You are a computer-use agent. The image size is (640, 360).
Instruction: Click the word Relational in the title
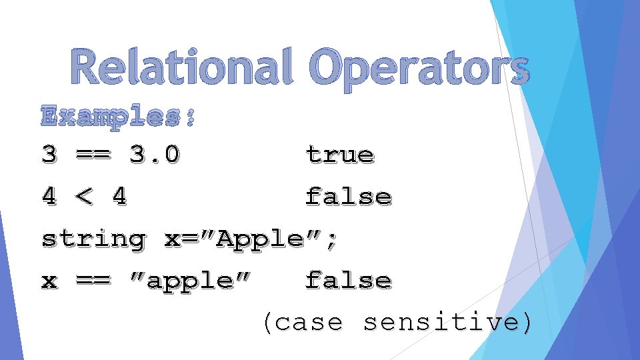(x=181, y=68)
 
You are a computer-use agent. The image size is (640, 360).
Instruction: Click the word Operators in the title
(x=419, y=69)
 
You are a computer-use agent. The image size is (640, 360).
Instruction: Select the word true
(x=340, y=155)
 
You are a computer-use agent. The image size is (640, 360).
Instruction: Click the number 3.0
(x=154, y=155)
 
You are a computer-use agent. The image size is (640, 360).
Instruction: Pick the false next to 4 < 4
(x=348, y=197)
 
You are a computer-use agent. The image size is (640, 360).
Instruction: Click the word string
(x=93, y=239)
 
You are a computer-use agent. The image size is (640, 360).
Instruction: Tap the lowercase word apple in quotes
(x=190, y=281)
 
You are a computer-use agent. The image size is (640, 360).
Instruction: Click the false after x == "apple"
(x=348, y=281)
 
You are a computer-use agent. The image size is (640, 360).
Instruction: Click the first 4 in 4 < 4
(x=49, y=197)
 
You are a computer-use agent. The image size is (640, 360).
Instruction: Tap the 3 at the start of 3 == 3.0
(x=49, y=155)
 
